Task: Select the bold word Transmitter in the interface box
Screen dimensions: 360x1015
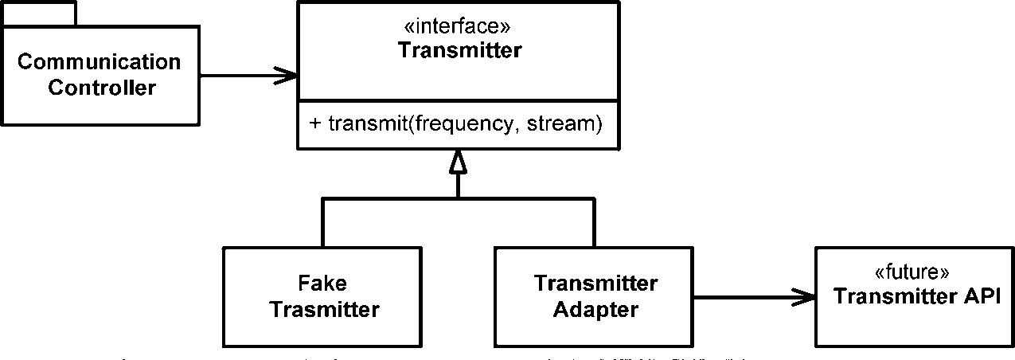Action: [459, 51]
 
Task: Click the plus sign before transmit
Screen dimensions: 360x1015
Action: [314, 125]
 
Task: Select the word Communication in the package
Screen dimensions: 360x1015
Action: [99, 62]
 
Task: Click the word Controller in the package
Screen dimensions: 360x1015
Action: [102, 88]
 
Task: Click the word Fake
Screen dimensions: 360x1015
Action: [323, 284]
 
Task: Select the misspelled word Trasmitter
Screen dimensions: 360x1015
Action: [324, 309]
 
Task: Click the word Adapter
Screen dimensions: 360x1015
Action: [595, 309]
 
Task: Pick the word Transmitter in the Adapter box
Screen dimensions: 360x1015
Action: [595, 284]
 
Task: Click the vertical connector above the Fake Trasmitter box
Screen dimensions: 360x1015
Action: [322, 223]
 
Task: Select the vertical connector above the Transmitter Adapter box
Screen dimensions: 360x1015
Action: [593, 223]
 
